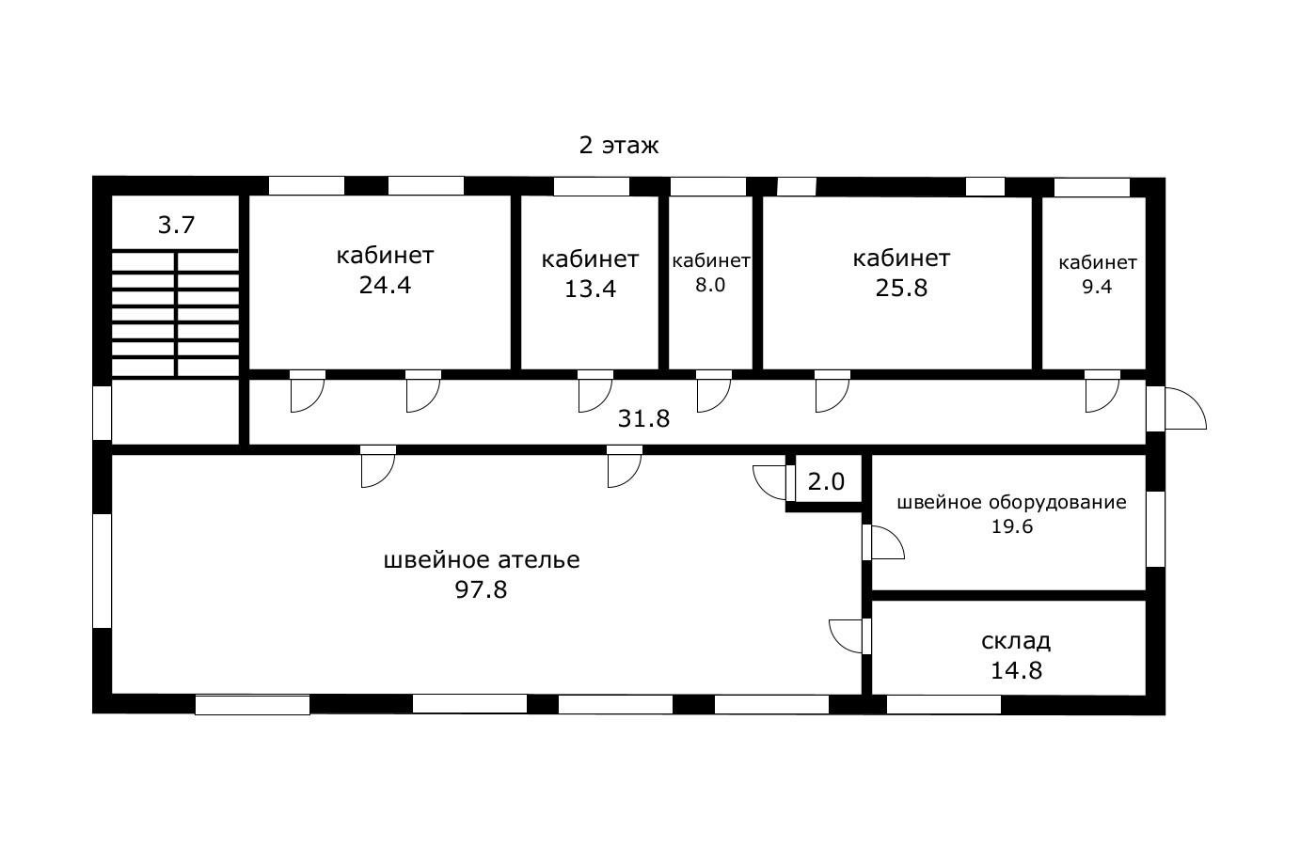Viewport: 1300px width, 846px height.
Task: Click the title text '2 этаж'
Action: click(618, 146)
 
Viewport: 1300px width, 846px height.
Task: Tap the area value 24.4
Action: click(385, 286)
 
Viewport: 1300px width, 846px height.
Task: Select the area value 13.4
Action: click(590, 290)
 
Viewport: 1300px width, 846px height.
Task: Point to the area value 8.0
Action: click(710, 286)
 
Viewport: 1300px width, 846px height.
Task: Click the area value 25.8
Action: click(901, 288)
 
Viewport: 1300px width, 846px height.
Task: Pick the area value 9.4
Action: click(1097, 288)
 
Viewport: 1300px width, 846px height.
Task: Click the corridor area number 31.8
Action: click(643, 418)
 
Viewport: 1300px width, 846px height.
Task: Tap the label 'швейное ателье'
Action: click(482, 560)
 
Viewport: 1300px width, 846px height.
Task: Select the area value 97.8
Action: click(482, 590)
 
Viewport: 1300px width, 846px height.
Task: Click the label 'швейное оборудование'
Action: click(1011, 502)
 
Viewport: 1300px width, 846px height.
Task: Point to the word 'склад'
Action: click(1016, 641)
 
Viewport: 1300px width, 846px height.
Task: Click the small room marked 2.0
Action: click(826, 482)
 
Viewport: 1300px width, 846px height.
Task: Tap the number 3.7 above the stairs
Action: click(176, 226)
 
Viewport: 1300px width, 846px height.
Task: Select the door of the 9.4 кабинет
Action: click(1101, 393)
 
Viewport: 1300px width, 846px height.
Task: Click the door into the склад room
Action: click(848, 635)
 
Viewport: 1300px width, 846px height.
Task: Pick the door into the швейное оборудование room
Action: click(884, 542)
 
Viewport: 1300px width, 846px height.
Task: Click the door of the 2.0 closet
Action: click(771, 481)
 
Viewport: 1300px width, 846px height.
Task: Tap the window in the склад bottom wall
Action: click(943, 704)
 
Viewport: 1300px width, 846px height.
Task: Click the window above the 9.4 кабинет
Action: click(1091, 187)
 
